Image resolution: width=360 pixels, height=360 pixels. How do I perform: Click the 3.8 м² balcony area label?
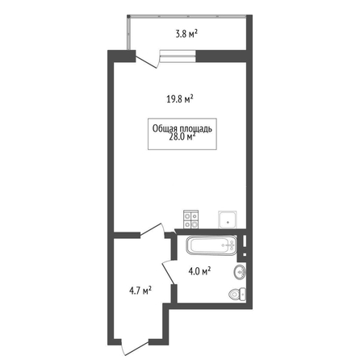pyautogui.click(x=186, y=34)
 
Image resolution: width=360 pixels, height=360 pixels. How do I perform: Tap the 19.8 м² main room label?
pyautogui.click(x=180, y=98)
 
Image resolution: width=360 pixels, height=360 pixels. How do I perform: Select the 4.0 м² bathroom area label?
pyautogui.click(x=199, y=271)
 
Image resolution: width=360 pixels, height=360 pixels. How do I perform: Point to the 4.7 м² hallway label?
pyautogui.click(x=140, y=291)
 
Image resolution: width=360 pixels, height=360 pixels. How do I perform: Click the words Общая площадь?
pyautogui.click(x=182, y=128)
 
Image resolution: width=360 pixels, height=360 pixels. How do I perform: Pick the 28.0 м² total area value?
pyautogui.click(x=182, y=136)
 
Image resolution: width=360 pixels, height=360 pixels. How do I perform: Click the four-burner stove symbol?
pyautogui.click(x=191, y=220)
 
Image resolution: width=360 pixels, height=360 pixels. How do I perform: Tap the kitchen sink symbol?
pyautogui.click(x=228, y=220)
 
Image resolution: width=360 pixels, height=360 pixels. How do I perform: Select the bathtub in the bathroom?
pyautogui.click(x=211, y=245)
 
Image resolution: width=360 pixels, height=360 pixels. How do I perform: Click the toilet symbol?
pyautogui.click(x=237, y=294)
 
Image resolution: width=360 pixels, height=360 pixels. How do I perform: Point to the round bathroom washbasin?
pyautogui.click(x=240, y=272)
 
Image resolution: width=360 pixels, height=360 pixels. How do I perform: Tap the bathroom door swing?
pyautogui.click(x=169, y=272)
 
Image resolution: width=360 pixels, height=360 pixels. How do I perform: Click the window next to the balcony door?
pyautogui.click(x=178, y=56)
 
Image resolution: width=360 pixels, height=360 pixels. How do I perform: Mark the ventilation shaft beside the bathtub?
pyautogui.click(x=245, y=245)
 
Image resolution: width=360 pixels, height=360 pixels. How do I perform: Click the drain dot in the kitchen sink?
pyautogui.click(x=228, y=223)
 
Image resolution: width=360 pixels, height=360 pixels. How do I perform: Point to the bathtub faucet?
pyautogui.click(x=229, y=245)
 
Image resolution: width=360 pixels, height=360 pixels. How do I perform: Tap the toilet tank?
pyautogui.click(x=243, y=294)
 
